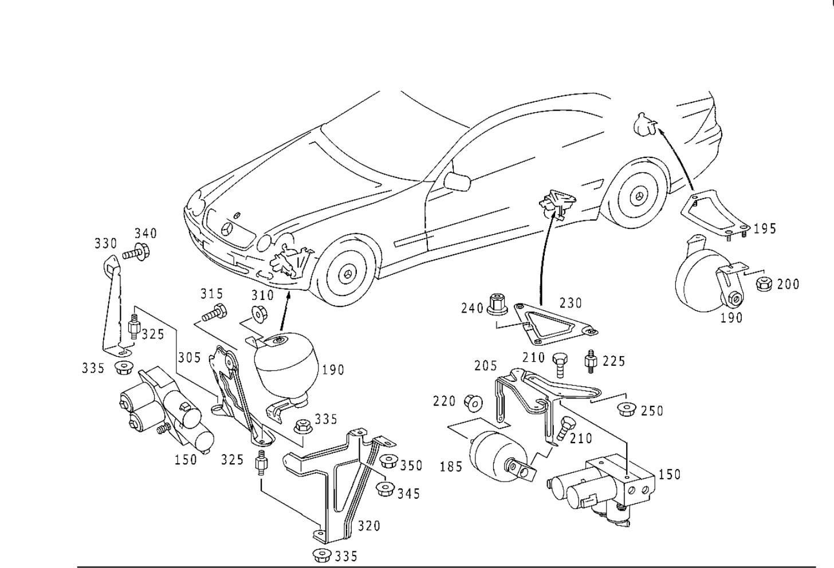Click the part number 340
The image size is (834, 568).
point(145,233)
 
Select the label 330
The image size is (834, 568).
point(105,244)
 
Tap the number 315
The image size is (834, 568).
point(211,294)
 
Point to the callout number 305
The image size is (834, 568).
point(190,357)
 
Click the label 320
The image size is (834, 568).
point(368,526)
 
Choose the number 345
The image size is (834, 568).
point(408,493)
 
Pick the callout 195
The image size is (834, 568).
point(765,228)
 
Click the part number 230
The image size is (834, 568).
point(570,302)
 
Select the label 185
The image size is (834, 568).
point(450,466)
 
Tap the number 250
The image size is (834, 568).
point(652,411)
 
